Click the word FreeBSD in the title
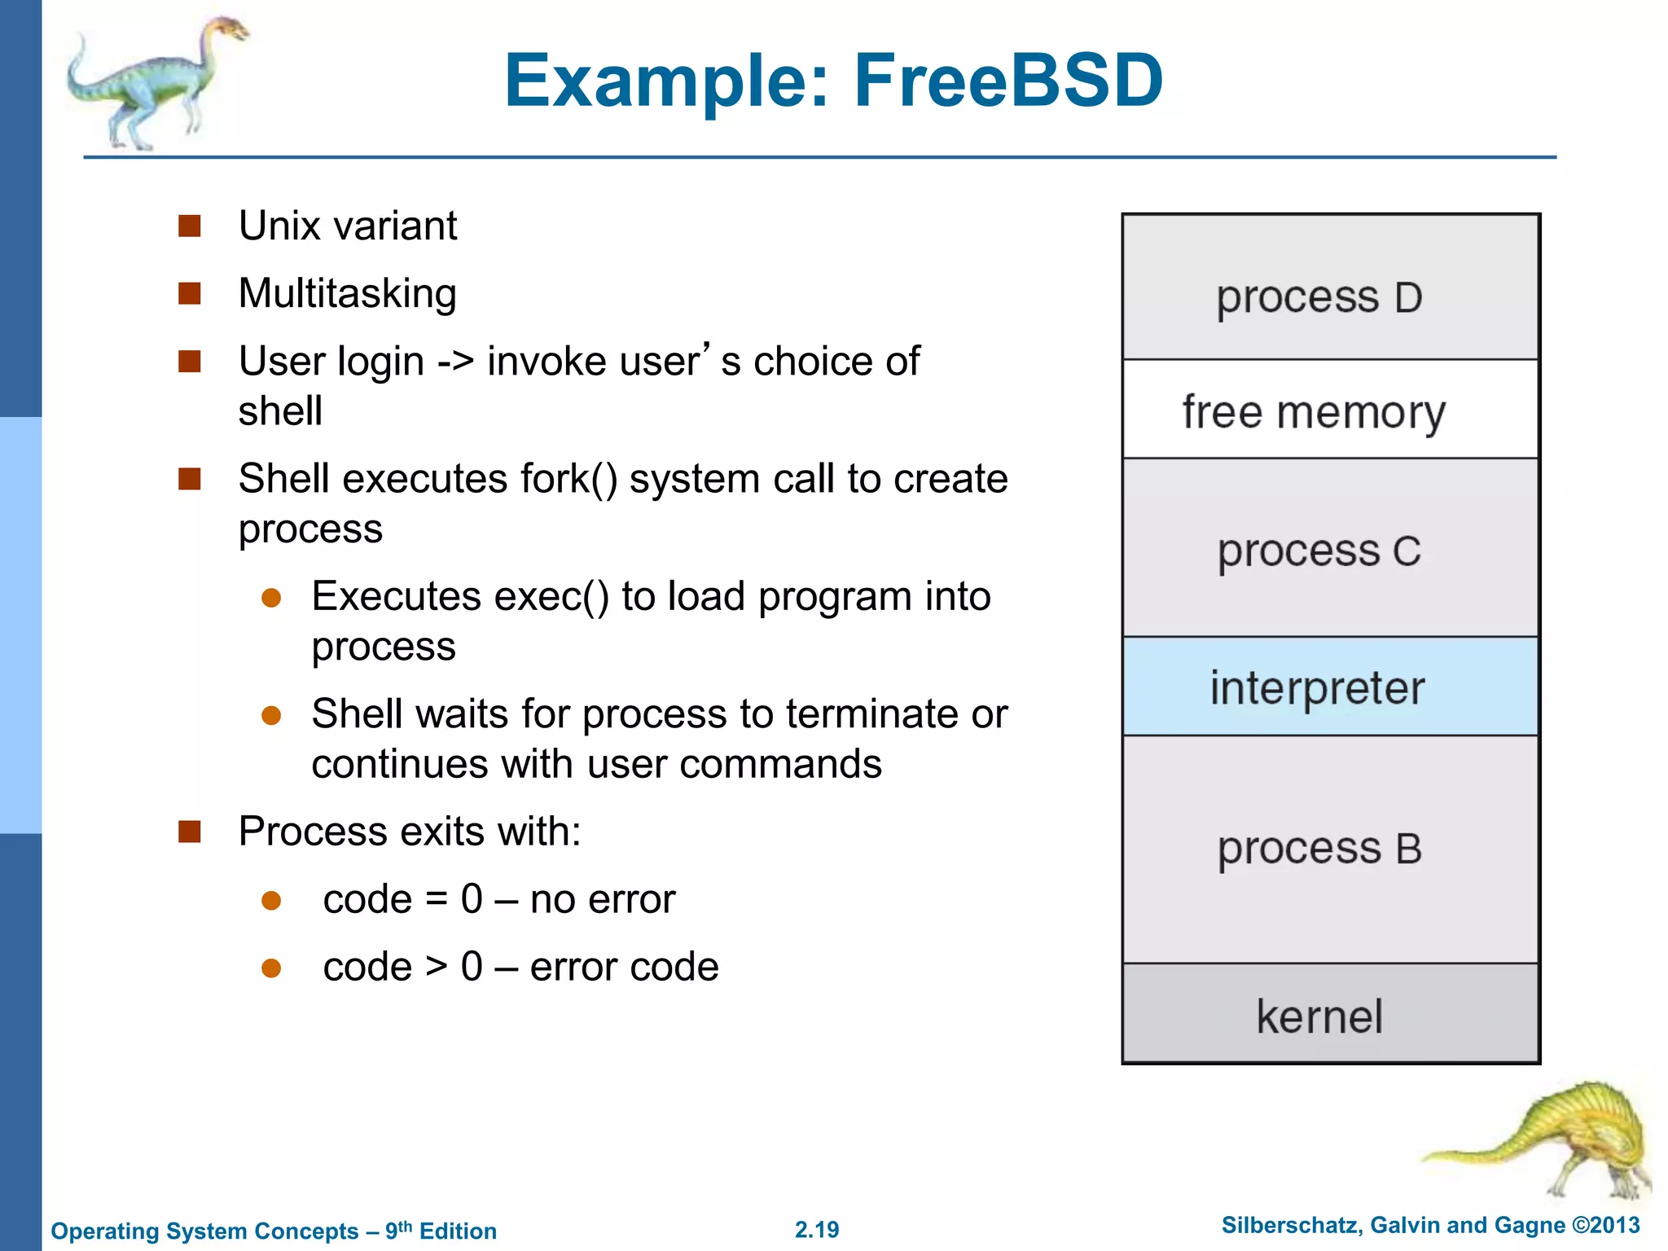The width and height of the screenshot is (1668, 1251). point(1007,81)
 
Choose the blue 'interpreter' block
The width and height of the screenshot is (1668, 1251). point(1330,687)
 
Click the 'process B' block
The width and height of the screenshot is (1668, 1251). point(1330,849)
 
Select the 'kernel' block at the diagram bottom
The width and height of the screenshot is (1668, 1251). point(1330,1015)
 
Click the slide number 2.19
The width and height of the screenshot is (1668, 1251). point(817,1230)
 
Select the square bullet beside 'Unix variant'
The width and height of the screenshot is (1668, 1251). point(190,226)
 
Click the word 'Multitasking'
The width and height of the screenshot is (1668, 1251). point(347,293)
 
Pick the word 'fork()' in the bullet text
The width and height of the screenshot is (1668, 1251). point(569,478)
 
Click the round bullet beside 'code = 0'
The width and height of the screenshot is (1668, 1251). point(271,900)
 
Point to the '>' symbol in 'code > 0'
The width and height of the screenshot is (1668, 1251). point(437,967)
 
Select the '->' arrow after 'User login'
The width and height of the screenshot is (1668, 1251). point(455,361)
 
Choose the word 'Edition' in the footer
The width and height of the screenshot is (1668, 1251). point(458,1231)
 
